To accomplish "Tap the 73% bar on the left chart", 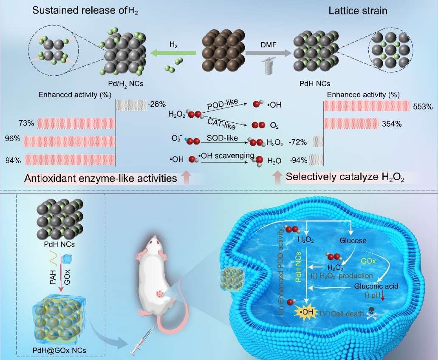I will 76,123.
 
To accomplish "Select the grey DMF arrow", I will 268,53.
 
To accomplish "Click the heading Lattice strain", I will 358,10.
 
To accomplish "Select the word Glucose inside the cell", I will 353,241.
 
